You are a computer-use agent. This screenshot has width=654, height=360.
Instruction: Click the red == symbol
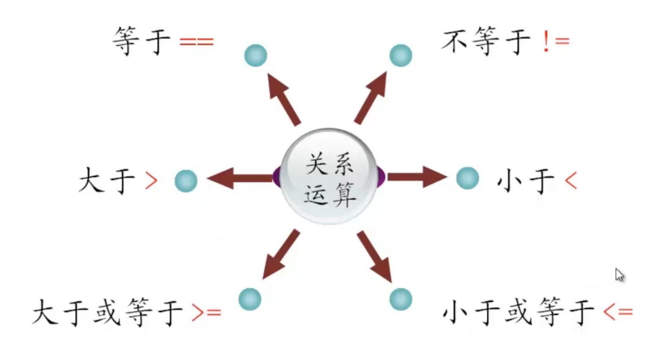click(x=196, y=42)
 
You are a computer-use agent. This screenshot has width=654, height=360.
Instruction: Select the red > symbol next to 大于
click(x=151, y=181)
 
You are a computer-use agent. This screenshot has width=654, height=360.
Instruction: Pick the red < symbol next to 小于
click(x=571, y=181)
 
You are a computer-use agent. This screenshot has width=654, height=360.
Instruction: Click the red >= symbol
click(x=206, y=312)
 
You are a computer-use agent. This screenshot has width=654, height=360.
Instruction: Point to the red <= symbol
click(x=618, y=312)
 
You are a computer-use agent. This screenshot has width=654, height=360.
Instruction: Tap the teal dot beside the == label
click(x=256, y=55)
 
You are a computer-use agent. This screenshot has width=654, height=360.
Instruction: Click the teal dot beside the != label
click(x=401, y=55)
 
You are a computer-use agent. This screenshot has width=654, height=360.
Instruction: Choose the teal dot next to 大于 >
click(x=186, y=181)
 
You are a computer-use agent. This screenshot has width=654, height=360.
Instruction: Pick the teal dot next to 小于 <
click(x=467, y=178)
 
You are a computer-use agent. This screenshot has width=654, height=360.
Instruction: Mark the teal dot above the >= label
click(x=250, y=299)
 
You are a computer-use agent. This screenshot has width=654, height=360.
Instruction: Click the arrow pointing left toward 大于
click(x=239, y=178)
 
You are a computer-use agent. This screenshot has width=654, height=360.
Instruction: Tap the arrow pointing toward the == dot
click(x=283, y=98)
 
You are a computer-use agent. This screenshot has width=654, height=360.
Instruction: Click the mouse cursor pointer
click(x=620, y=275)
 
